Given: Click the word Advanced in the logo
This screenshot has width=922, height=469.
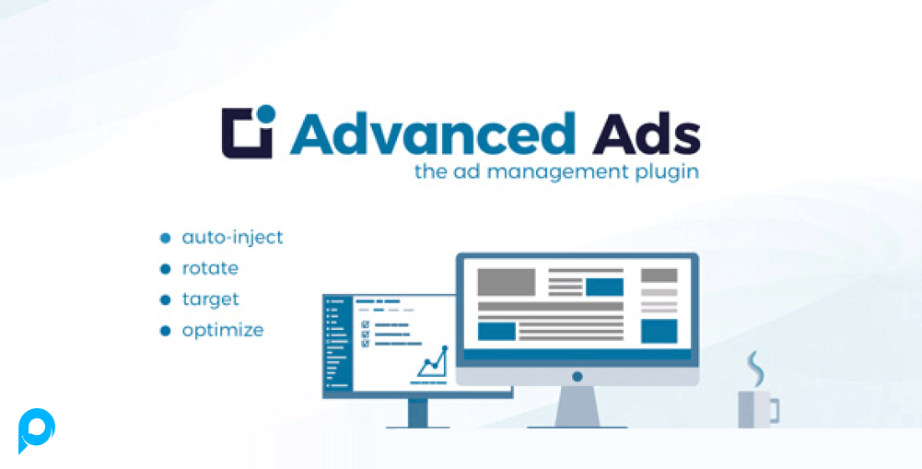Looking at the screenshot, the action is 432,133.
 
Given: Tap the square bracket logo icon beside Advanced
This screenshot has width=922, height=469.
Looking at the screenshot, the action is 247,133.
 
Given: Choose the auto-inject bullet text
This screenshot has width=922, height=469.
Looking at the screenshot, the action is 232,238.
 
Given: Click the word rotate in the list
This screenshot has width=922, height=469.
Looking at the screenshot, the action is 210,269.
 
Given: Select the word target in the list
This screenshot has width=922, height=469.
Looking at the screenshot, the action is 211,300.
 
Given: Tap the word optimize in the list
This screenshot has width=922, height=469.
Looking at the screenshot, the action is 223,331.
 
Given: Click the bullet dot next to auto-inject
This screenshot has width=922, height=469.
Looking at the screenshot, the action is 165,239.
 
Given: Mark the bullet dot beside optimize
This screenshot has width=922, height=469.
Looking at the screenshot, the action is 165,332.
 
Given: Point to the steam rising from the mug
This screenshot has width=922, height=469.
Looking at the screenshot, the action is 754,369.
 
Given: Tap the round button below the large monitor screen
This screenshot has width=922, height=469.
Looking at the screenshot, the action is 578,376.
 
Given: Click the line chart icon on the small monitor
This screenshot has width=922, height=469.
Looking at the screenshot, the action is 433,364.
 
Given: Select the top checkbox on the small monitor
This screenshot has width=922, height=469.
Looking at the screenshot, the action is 365,324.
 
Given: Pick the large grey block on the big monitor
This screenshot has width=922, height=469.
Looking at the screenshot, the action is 507,282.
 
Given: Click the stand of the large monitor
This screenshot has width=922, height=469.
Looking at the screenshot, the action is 578,406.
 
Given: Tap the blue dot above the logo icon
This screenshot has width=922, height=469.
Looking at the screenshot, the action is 266,113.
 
